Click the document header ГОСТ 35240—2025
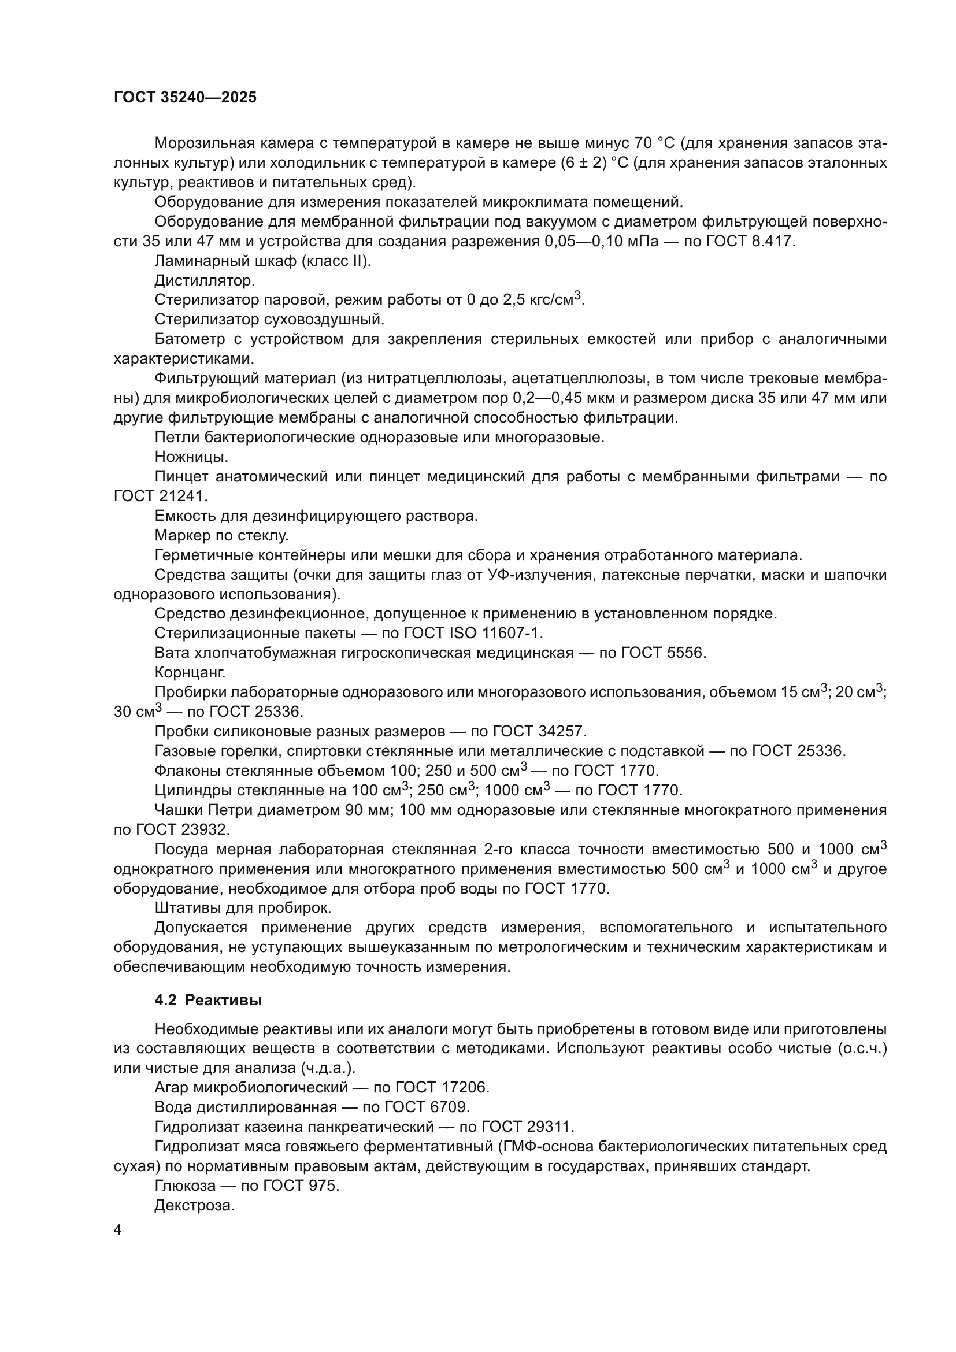pyautogui.click(x=185, y=98)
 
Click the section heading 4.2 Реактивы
pyautogui.click(x=208, y=1000)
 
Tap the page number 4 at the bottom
pyautogui.click(x=117, y=1230)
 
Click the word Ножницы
pyautogui.click(x=191, y=457)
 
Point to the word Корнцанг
pyautogui.click(x=190, y=672)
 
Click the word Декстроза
pyautogui.click(x=194, y=1205)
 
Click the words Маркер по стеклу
pyautogui.click(x=221, y=535)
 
